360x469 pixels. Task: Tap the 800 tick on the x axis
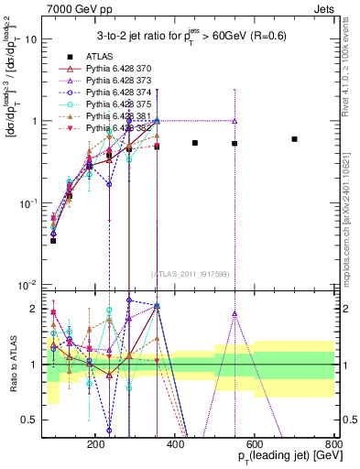tap(334, 442)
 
